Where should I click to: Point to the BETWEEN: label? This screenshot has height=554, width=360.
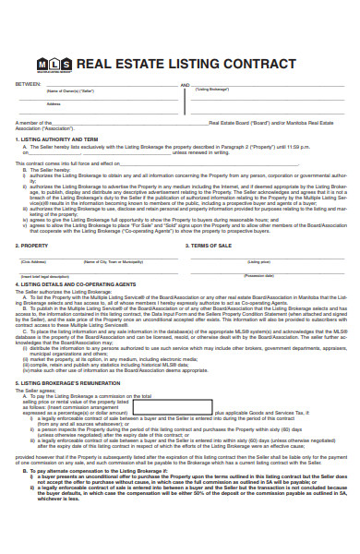pos(28,83)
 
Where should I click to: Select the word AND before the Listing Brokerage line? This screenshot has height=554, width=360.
pos(185,83)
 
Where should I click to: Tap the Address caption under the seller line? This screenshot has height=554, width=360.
pos(54,103)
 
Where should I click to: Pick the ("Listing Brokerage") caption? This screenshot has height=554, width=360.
pos(211,90)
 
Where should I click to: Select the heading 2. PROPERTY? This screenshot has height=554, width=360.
pos(32,247)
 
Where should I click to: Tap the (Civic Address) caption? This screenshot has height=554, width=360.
pos(34,262)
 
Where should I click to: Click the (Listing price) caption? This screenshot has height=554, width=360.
pos(259,262)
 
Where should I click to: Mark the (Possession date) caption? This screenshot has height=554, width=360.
pos(258,275)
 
